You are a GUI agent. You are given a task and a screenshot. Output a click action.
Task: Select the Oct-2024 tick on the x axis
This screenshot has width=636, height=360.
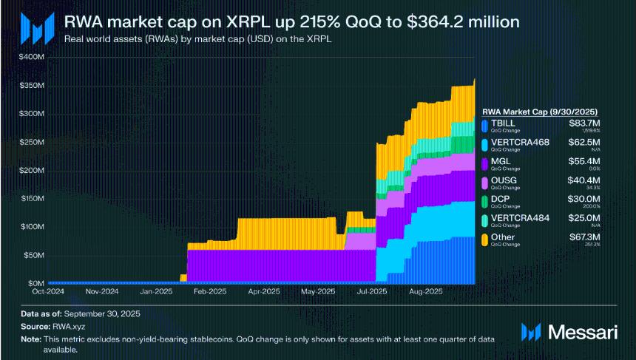(48, 292)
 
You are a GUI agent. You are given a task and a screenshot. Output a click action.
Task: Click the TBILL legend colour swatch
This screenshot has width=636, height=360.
(484, 125)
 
